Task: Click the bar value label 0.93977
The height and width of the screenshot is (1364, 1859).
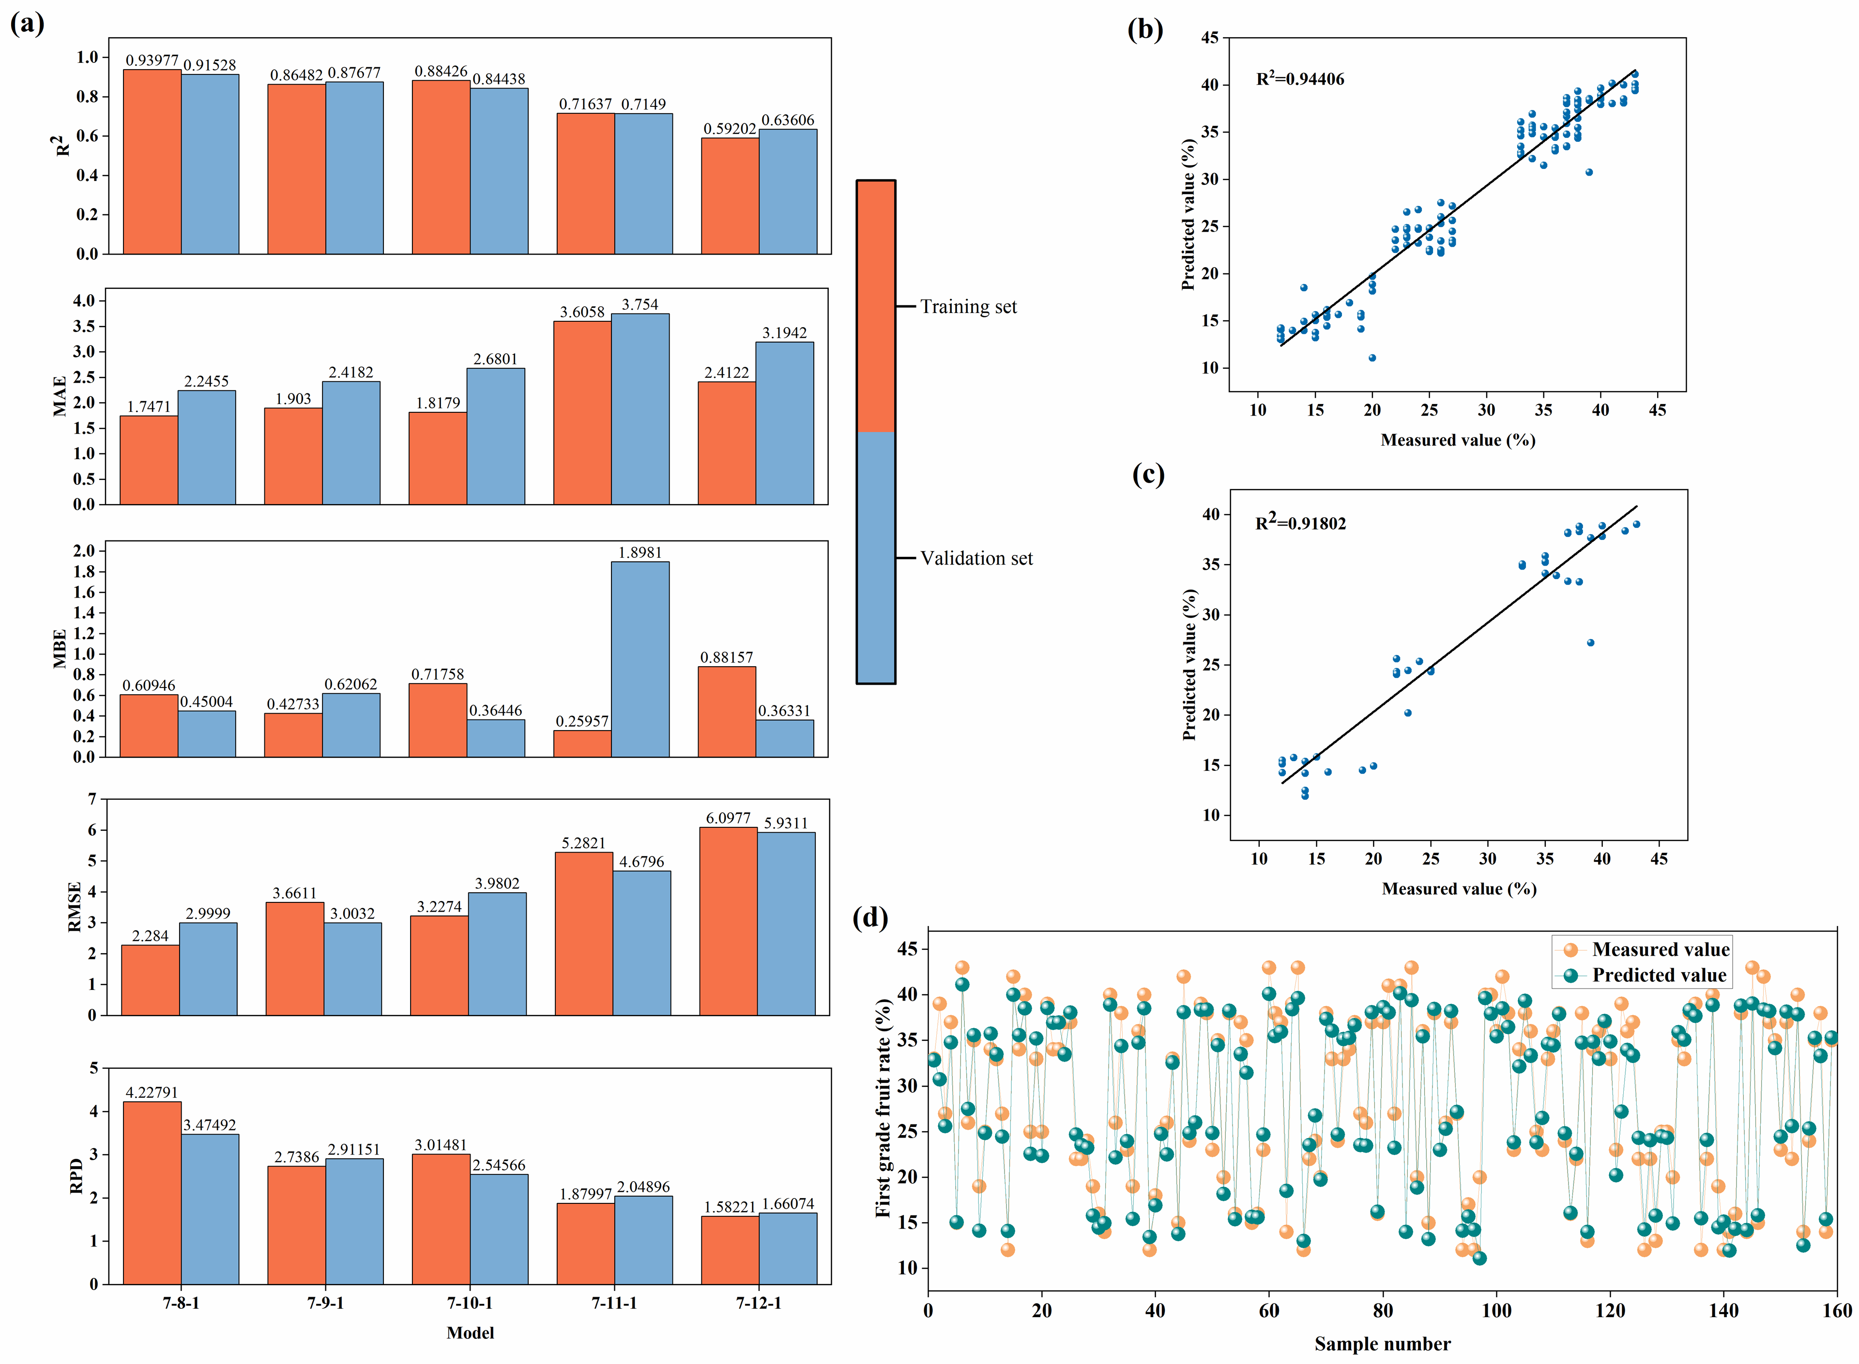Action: point(152,60)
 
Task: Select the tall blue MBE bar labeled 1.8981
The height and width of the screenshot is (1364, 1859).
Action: point(640,659)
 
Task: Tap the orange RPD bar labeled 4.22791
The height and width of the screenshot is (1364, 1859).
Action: point(152,1192)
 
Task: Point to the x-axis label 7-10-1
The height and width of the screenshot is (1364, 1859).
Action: point(470,1303)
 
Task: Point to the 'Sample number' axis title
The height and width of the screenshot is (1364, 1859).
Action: point(1383,1344)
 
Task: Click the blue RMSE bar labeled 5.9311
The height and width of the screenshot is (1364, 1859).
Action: point(786,923)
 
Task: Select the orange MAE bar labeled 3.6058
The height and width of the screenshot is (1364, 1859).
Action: point(582,413)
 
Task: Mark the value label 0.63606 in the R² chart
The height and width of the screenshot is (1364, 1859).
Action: point(788,120)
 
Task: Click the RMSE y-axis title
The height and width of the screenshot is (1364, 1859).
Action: point(75,907)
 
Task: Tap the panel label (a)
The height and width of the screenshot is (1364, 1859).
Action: point(27,23)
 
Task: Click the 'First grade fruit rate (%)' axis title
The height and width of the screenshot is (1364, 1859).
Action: point(883,1107)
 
